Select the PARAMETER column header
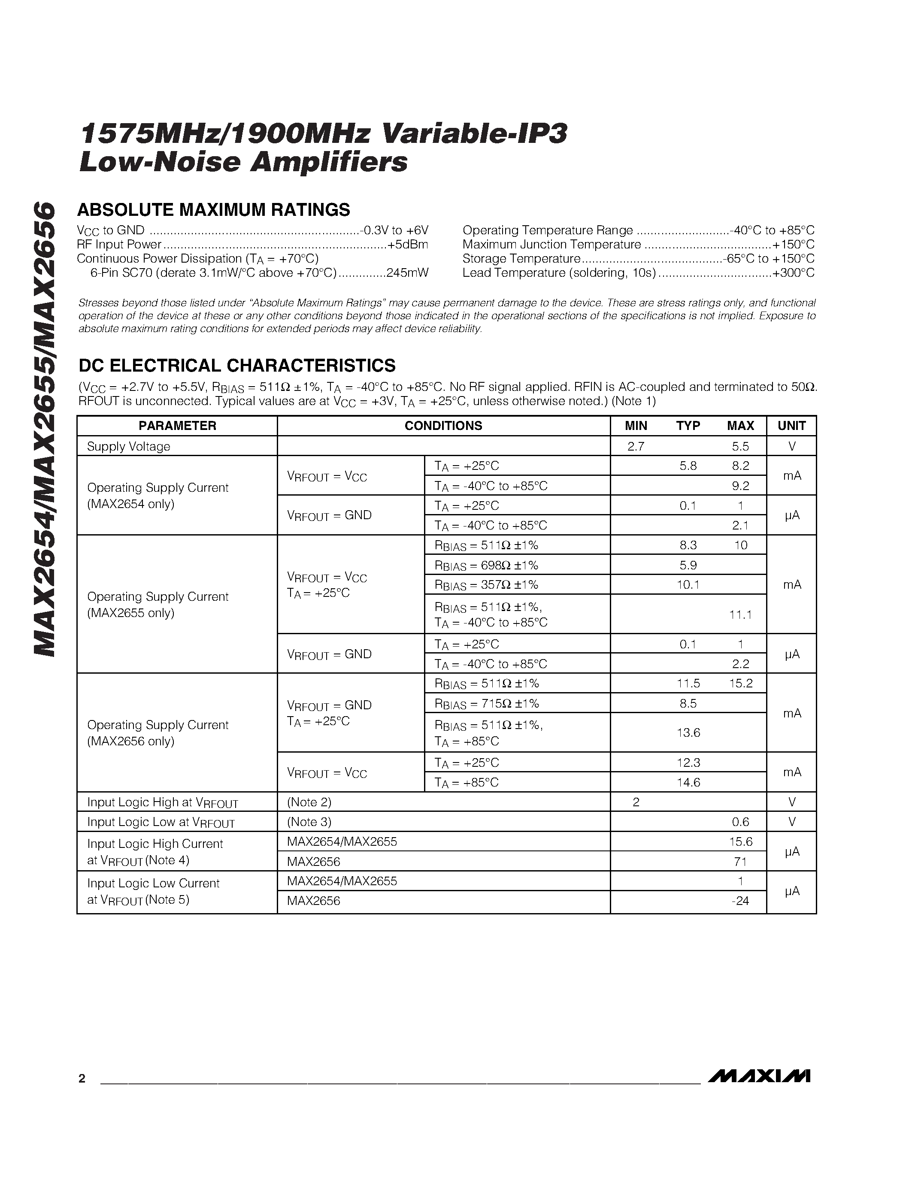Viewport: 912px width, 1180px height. click(177, 426)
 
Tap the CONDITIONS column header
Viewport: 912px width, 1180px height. click(443, 426)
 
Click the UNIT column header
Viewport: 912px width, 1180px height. click(791, 426)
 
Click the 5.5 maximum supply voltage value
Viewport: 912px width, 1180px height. click(740, 446)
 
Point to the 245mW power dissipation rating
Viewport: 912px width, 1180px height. click(407, 273)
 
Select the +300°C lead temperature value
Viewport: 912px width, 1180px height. click(793, 273)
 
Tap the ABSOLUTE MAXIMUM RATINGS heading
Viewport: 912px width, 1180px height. click(214, 210)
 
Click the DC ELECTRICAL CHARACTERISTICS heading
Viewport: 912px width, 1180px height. click(237, 366)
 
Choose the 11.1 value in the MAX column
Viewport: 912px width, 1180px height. click(740, 614)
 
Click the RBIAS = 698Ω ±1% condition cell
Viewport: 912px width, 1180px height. click(486, 565)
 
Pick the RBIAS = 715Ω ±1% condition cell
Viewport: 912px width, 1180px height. click(487, 703)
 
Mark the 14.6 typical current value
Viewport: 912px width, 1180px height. click(688, 782)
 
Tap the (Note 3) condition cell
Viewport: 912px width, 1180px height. click(309, 822)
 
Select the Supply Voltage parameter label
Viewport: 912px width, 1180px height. click(129, 446)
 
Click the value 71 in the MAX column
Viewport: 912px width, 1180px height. click(740, 861)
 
